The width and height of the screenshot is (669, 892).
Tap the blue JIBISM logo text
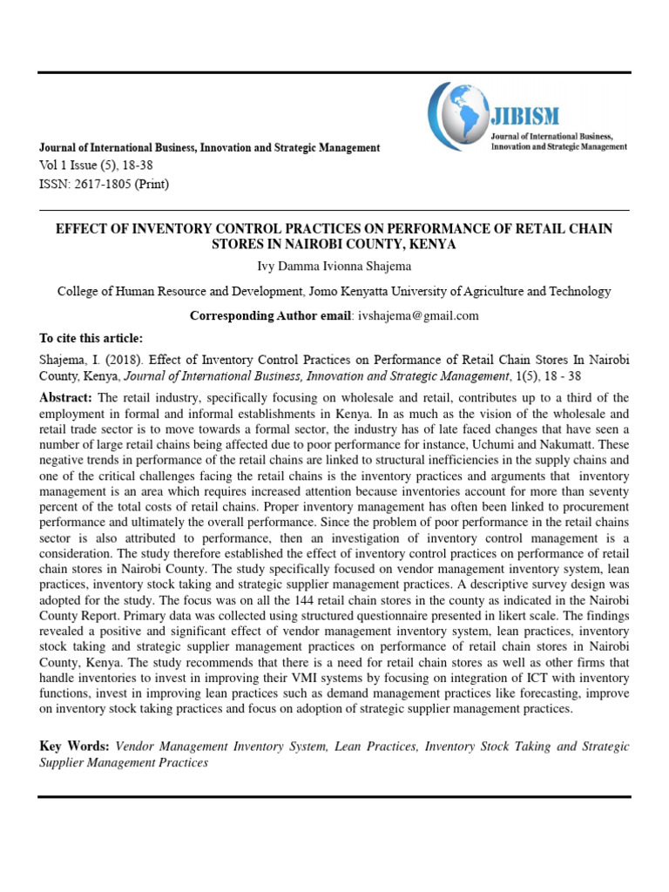[527, 116]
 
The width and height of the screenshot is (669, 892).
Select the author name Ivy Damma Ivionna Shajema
[334, 267]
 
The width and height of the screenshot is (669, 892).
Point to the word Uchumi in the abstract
[535, 444]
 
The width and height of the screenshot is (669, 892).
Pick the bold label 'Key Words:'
[74, 747]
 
